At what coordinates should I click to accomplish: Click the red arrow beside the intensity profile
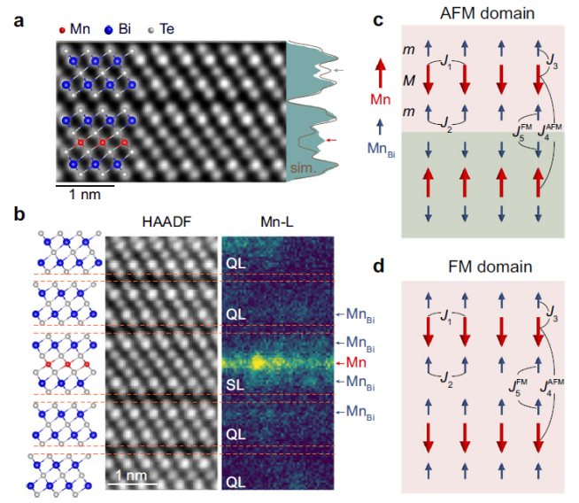(331, 140)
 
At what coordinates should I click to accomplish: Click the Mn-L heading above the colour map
(277, 223)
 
